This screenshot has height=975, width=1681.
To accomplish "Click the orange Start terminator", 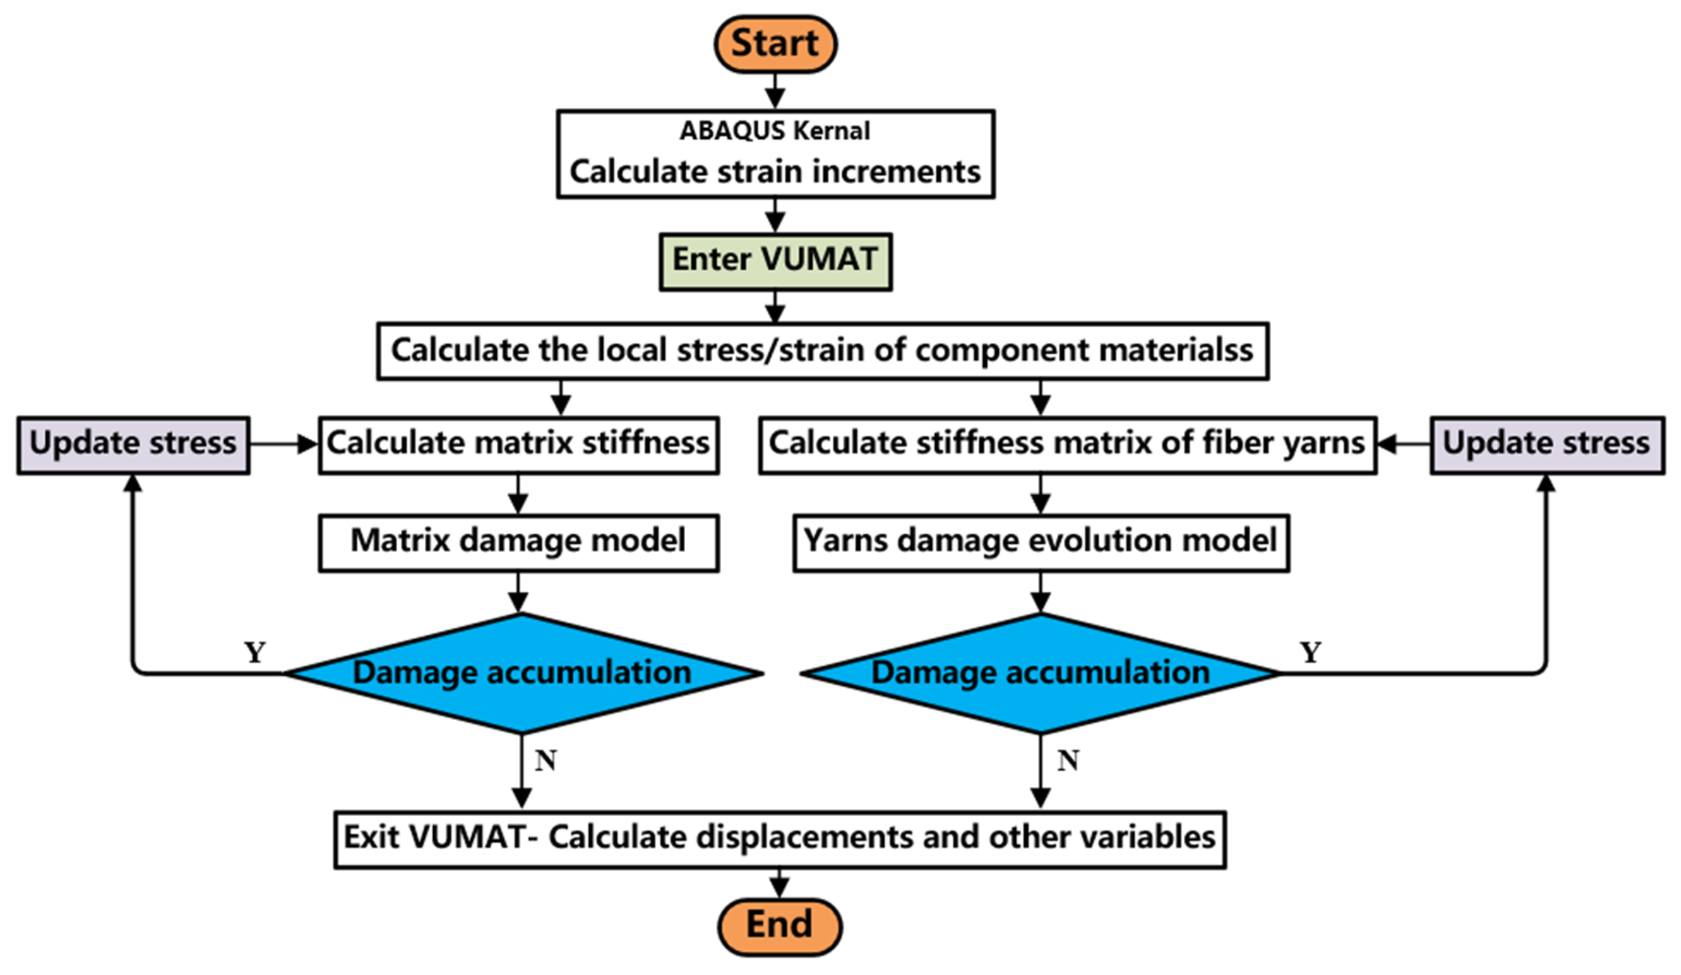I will coord(775,44).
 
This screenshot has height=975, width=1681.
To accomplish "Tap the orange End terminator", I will coord(779,926).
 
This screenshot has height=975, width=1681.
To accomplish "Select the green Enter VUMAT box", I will coord(775,261).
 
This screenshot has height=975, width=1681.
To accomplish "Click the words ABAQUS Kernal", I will coord(775,131).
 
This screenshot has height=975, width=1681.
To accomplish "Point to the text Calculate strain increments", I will coord(775,171).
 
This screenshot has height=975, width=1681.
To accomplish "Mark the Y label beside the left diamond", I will coord(255,652).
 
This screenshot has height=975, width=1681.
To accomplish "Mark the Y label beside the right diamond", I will coord(1310,652).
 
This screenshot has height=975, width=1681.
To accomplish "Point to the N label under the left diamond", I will coord(546,760).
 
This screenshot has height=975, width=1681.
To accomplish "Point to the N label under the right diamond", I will coord(1068,760).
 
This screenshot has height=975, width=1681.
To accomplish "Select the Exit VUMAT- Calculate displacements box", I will coord(779,838).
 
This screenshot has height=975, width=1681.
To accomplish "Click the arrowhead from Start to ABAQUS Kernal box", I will coord(775,98).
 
